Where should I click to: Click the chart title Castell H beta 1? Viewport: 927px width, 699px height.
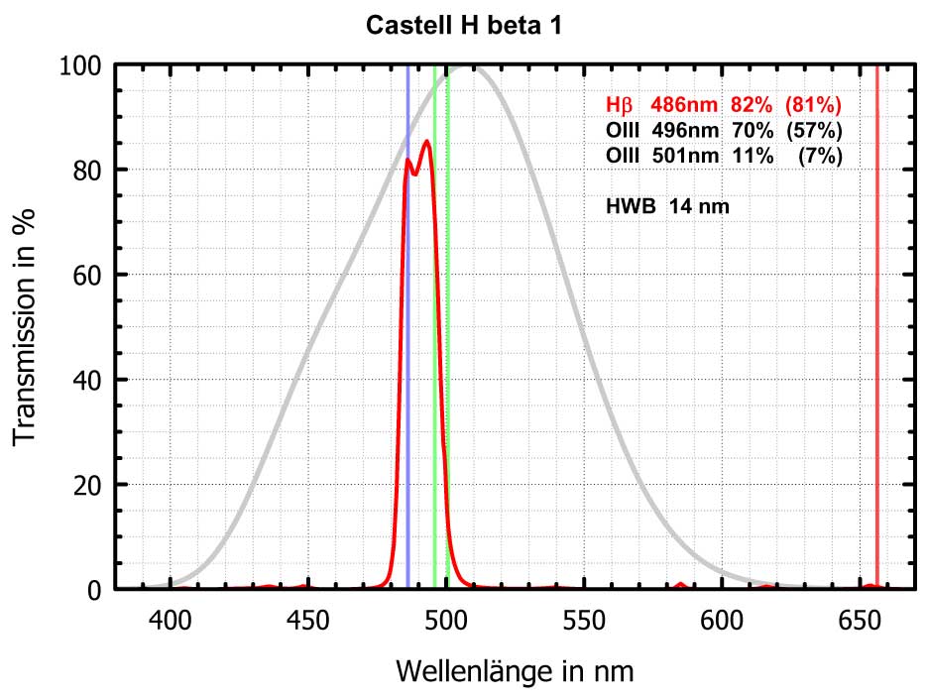click(464, 25)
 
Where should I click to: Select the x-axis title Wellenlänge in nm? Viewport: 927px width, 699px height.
click(515, 671)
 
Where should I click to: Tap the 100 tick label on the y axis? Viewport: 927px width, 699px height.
click(79, 65)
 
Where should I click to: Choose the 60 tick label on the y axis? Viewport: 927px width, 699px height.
click(86, 275)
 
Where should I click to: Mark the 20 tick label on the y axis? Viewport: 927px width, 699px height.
click(86, 485)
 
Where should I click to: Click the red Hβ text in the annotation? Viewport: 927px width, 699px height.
click(619, 104)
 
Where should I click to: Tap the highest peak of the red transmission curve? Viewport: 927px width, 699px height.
click(426, 141)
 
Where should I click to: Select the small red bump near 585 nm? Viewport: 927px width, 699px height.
click(680, 585)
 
